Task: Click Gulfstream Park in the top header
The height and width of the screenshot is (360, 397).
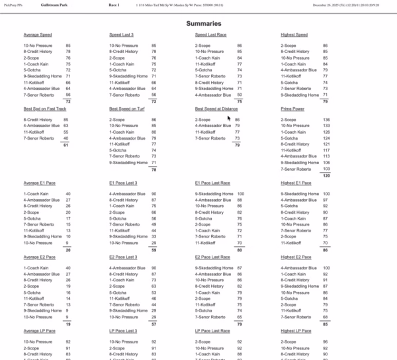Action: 53,5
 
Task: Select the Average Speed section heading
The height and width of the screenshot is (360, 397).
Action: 38,34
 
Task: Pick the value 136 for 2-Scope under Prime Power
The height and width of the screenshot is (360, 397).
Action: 325,120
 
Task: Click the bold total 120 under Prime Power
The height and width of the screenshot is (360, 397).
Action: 325,176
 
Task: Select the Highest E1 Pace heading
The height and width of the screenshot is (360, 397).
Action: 296,182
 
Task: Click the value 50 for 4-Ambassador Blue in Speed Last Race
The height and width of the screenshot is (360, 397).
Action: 240,95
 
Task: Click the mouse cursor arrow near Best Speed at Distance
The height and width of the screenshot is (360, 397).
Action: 229,118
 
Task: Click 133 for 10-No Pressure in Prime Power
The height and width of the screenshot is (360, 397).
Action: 325,126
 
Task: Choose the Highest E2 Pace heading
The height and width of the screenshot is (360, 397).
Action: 296,256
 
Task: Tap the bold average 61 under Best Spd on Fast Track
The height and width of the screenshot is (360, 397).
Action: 66,145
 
